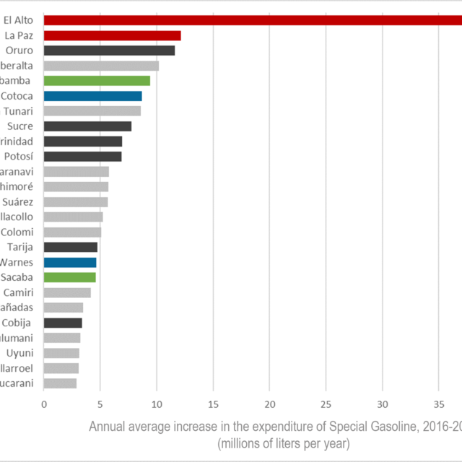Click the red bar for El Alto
(253, 20)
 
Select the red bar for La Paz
(112, 35)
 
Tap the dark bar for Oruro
(109, 51)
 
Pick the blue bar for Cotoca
(92, 96)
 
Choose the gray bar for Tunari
(92, 111)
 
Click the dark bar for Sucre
(87, 126)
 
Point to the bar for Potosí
(82, 157)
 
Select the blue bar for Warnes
(70, 262)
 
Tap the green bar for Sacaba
(69, 277)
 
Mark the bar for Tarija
(71, 247)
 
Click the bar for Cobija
(63, 323)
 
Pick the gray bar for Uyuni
(61, 353)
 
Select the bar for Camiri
(67, 292)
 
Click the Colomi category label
(15, 232)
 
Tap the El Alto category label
(19, 20)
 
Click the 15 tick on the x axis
(213, 404)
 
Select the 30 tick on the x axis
(383, 404)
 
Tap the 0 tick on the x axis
(44, 404)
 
